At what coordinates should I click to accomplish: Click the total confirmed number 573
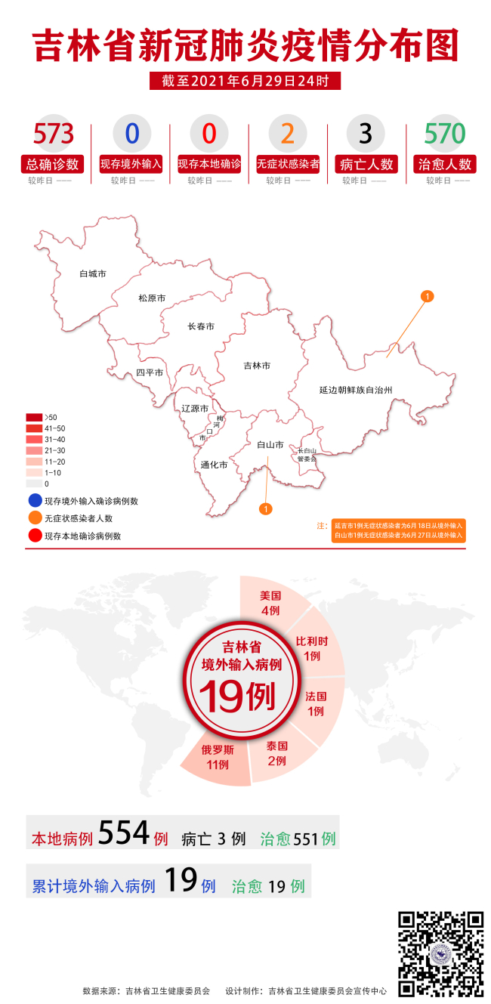54,134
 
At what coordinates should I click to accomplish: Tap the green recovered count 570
444,134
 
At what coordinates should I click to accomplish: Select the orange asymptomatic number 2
287,134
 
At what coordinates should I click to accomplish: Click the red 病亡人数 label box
366,164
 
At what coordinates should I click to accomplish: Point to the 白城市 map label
93,273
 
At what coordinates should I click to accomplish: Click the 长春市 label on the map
201,326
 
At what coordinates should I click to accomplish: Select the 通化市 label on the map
215,465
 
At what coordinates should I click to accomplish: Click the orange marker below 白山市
265,508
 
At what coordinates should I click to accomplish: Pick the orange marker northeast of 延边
427,296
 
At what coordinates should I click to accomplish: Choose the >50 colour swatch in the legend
34,417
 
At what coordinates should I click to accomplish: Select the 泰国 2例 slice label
277,752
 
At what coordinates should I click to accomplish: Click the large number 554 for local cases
125,833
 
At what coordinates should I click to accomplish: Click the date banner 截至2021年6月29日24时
245,81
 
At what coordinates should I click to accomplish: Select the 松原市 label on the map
152,298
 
